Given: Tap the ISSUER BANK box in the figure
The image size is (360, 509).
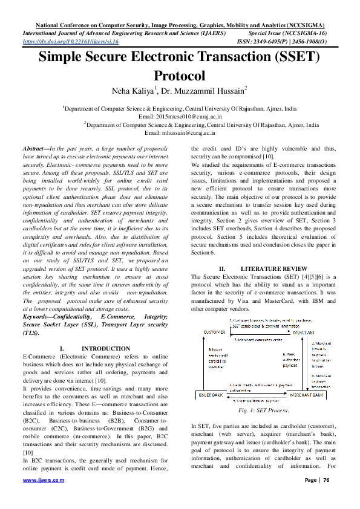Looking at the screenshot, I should pos(210,394).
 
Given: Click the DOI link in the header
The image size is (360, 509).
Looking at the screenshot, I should pos(70,42).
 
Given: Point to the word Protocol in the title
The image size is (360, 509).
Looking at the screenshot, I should pos(180,76).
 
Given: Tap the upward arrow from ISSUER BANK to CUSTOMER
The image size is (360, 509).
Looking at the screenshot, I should pos(204,363).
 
